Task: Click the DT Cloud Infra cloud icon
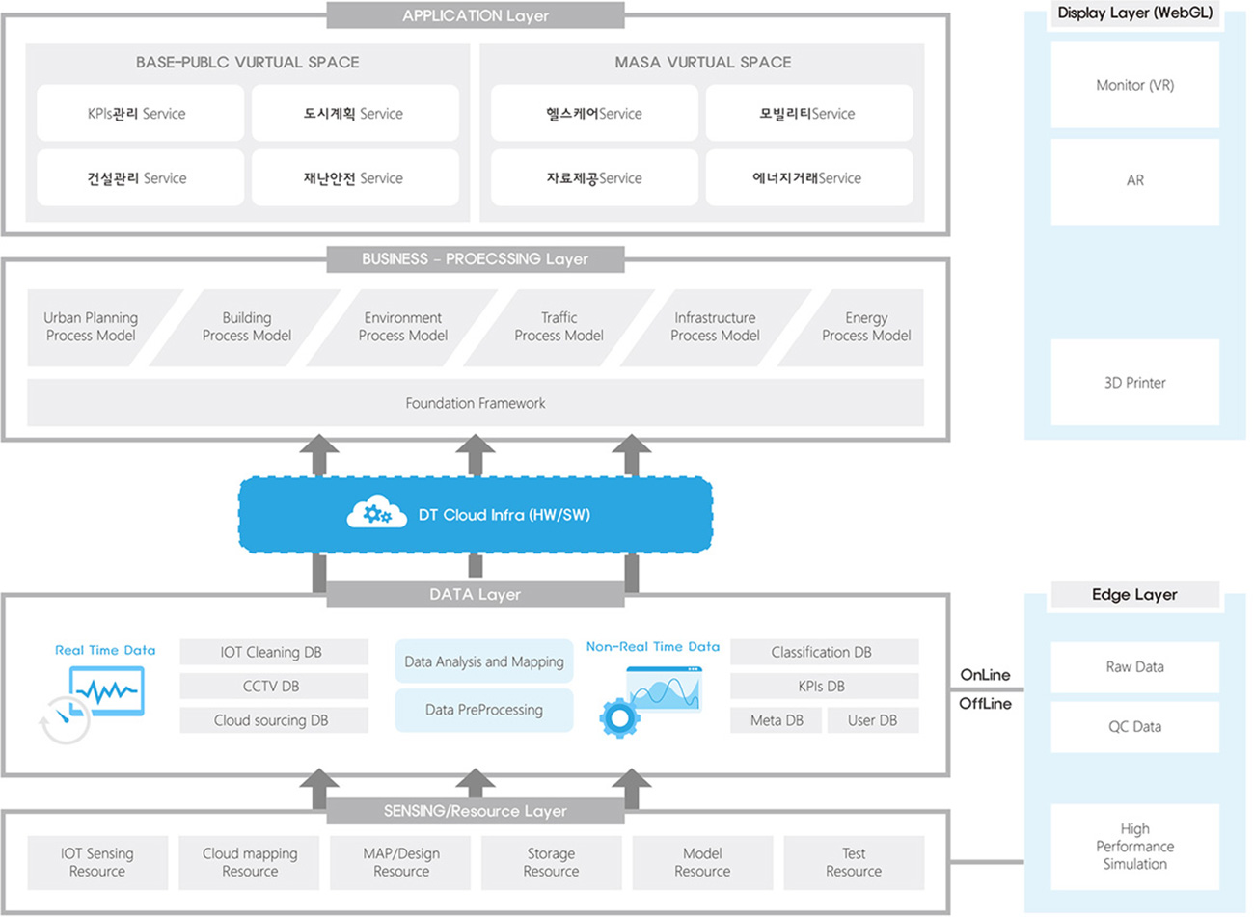click(x=376, y=511)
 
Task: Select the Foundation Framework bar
click(x=476, y=403)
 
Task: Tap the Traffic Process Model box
click(x=559, y=327)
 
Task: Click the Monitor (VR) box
click(x=1134, y=85)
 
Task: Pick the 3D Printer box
click(x=1134, y=383)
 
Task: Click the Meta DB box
click(x=776, y=720)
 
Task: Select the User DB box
click(x=873, y=720)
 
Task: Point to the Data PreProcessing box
click(x=484, y=710)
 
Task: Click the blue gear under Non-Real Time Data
click(x=619, y=717)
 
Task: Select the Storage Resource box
click(x=552, y=862)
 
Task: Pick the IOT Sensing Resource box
click(x=97, y=862)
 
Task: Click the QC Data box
click(x=1134, y=727)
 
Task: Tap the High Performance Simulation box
click(x=1134, y=847)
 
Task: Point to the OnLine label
click(x=985, y=675)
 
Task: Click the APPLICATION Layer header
click(x=476, y=15)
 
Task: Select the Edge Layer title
click(x=1134, y=595)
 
